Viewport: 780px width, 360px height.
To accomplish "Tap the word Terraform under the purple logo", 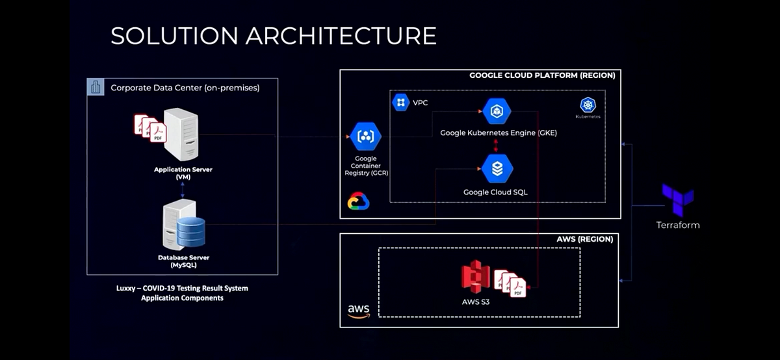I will pyautogui.click(x=677, y=225).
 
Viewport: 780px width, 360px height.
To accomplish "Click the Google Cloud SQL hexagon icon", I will pyautogui.click(x=498, y=169).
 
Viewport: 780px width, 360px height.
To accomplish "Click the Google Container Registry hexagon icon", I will pyautogui.click(x=365, y=136).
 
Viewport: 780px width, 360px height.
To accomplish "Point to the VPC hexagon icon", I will pyautogui.click(x=401, y=103).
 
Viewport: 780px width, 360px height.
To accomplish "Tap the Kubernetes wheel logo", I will pyautogui.click(x=588, y=106).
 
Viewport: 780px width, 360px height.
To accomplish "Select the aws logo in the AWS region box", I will pyautogui.click(x=358, y=311).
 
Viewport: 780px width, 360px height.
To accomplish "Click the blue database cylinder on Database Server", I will pyautogui.click(x=190, y=230).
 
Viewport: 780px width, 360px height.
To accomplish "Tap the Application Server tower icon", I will pyautogui.click(x=181, y=135).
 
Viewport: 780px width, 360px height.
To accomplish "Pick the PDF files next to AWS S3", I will pyautogui.click(x=510, y=283).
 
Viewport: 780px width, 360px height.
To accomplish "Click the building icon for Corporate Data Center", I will pyautogui.click(x=96, y=88).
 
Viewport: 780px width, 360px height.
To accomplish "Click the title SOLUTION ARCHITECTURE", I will pyautogui.click(x=273, y=36).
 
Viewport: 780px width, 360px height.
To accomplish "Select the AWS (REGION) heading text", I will pyautogui.click(x=584, y=239).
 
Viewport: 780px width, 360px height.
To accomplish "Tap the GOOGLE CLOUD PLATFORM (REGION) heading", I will pyautogui.click(x=541, y=75).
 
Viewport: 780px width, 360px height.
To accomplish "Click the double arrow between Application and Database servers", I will pyautogui.click(x=183, y=188).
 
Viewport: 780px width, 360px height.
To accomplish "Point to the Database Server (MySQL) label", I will pyautogui.click(x=183, y=261).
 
